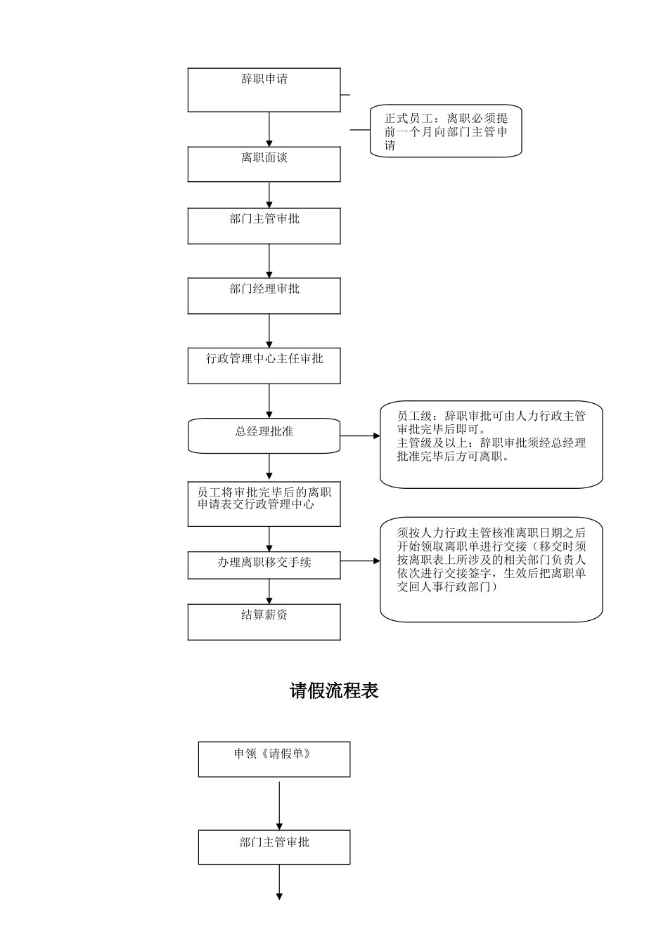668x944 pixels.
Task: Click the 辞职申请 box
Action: (x=264, y=90)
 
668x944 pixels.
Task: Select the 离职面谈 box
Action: (x=264, y=164)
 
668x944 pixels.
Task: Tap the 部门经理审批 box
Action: (x=264, y=296)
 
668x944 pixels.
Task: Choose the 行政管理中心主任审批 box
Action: (x=264, y=365)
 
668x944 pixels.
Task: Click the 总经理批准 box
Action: (x=264, y=436)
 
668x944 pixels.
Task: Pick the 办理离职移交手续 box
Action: (x=264, y=565)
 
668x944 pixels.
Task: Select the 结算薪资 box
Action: (x=264, y=622)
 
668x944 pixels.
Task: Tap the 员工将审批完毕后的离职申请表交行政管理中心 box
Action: (x=264, y=504)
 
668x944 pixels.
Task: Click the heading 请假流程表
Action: (x=334, y=691)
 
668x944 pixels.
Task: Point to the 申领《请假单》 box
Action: (x=274, y=759)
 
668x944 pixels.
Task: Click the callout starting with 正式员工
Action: (x=446, y=131)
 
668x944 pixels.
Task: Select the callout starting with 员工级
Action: (x=491, y=444)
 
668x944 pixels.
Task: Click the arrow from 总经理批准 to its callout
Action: (x=360, y=436)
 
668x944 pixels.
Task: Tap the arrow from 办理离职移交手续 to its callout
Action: (x=360, y=561)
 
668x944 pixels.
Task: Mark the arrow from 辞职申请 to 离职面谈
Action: (x=269, y=129)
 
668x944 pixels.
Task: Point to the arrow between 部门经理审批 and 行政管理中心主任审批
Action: (x=269, y=331)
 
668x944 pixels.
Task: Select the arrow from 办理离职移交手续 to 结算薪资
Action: (x=269, y=591)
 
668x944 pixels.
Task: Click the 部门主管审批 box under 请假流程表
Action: (x=274, y=847)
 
